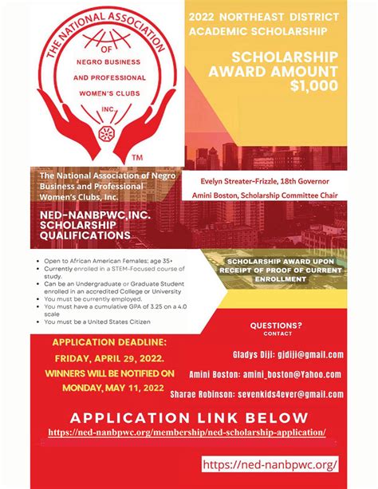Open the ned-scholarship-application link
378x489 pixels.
coord(187,432)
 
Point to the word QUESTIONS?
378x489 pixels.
coord(276,325)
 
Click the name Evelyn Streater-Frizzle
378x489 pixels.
coord(241,182)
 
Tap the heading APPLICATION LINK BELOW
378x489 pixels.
coord(188,417)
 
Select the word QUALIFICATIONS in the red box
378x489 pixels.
coord(78,236)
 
